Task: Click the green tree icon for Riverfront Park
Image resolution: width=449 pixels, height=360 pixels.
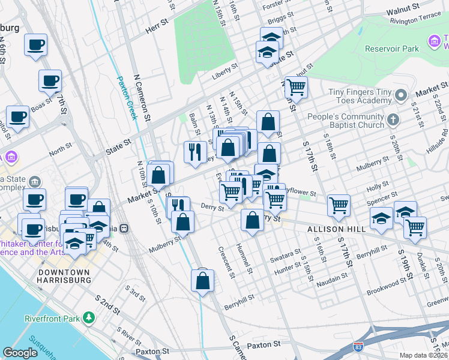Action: [89, 317]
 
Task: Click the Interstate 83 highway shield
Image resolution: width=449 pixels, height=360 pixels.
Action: [358, 347]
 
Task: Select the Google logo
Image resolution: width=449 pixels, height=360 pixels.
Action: [20, 353]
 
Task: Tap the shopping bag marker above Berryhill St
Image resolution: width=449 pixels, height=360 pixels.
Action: [203, 280]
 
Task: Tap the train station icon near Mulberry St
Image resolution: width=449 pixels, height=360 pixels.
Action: [124, 228]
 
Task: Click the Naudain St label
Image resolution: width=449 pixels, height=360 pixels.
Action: [333, 277]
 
